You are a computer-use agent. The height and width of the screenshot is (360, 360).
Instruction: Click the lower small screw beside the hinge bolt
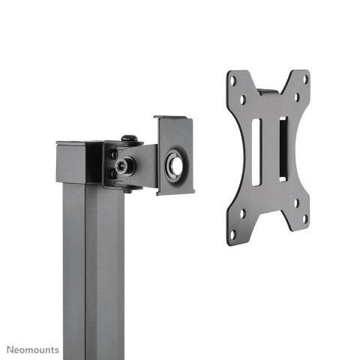point(114,173)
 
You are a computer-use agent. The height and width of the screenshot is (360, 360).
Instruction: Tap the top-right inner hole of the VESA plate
point(295,97)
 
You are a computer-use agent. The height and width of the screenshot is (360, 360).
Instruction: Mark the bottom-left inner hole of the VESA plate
point(242,214)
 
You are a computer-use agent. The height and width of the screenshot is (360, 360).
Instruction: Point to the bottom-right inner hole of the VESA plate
point(295,202)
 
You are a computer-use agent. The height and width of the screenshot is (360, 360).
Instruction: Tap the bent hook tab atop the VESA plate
point(267,93)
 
